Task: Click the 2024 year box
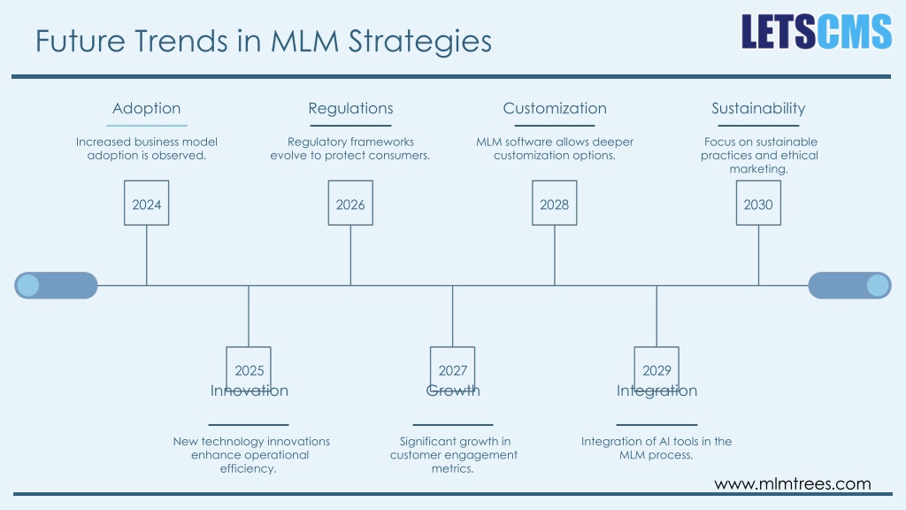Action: [x=146, y=203]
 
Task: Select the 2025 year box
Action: [x=249, y=369]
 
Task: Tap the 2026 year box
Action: [x=350, y=203]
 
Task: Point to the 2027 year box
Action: [x=452, y=369]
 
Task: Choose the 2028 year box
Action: [x=554, y=203]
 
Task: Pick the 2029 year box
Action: [x=656, y=369]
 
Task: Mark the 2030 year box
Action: [x=758, y=203]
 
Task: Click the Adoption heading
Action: [x=146, y=109]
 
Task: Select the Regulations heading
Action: [x=350, y=109]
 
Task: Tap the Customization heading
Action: [x=555, y=109]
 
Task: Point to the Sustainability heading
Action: [x=758, y=109]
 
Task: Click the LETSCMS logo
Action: [x=817, y=31]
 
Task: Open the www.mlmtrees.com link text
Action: [x=792, y=484]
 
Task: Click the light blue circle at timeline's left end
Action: [x=27, y=285]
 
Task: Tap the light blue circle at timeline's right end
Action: [x=878, y=285]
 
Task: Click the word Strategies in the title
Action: [x=419, y=42]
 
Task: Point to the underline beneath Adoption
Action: [x=147, y=126]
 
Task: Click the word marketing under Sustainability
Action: [x=758, y=169]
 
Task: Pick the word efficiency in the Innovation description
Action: [x=248, y=468]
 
